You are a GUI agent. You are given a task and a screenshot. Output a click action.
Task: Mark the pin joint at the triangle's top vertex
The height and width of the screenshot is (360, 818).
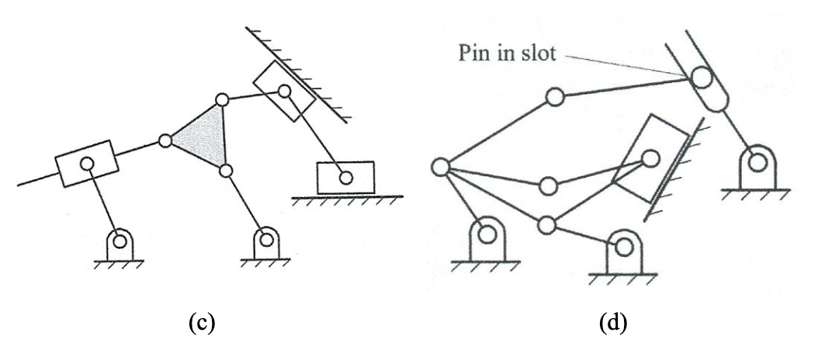tap(222, 100)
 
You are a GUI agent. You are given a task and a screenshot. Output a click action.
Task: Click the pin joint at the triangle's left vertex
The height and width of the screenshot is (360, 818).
tap(165, 141)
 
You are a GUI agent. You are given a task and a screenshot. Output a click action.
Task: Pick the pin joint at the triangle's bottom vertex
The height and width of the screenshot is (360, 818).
tap(225, 170)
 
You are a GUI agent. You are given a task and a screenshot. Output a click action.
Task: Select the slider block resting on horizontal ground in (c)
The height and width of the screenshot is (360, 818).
tap(345, 178)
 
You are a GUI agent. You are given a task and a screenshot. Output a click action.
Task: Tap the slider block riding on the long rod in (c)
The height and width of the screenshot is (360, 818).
tap(86, 163)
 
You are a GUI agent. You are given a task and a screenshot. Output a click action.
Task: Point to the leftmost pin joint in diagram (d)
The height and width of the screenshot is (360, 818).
tap(440, 167)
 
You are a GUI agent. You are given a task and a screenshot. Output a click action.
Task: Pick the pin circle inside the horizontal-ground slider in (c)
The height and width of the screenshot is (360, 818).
tap(345, 178)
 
